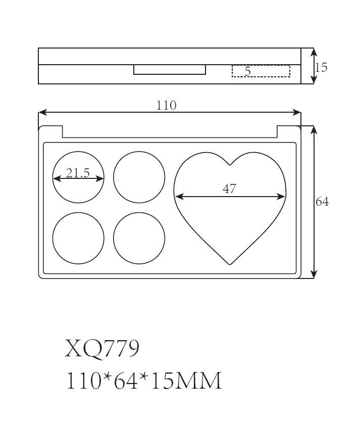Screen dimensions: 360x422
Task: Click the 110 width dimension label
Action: [x=166, y=105]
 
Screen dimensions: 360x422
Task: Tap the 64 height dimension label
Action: [x=322, y=202]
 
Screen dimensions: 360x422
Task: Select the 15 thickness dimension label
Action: [x=321, y=67]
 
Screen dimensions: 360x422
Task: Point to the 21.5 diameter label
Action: [x=78, y=173]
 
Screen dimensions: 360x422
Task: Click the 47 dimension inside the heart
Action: [x=229, y=189]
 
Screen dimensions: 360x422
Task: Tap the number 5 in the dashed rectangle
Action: [x=247, y=71]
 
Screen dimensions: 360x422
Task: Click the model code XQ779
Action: [x=102, y=348]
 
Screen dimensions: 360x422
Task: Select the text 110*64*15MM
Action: [x=144, y=380]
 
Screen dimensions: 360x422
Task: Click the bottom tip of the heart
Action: [x=230, y=264]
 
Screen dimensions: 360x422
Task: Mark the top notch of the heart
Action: [x=230, y=164]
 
